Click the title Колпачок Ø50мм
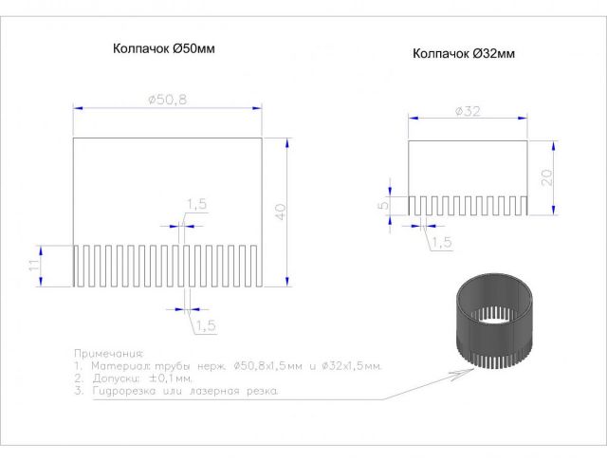click(x=164, y=48)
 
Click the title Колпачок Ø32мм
click(x=464, y=53)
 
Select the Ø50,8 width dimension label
click(x=168, y=100)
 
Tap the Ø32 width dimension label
click(x=468, y=112)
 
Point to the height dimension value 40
click(x=280, y=212)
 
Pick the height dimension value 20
click(x=546, y=177)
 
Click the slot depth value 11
click(x=34, y=266)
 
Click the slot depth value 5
click(x=383, y=205)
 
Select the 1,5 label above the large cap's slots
click(x=197, y=204)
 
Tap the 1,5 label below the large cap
click(x=206, y=325)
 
